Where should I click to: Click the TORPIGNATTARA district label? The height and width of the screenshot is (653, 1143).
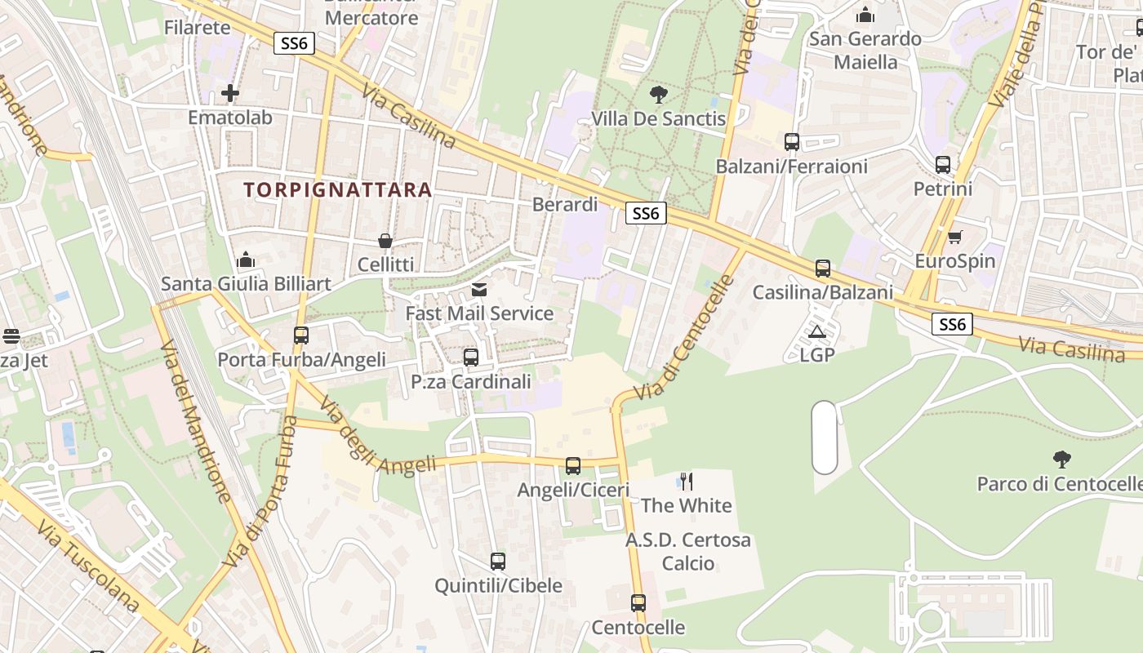[337, 190]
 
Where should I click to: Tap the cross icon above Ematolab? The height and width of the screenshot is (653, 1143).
[230, 93]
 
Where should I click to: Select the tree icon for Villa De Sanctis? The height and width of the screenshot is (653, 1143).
[658, 94]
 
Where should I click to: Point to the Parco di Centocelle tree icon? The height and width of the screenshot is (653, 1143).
[1061, 459]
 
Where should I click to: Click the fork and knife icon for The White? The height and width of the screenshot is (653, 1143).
[686, 481]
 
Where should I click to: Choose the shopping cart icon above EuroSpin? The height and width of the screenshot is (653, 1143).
[954, 237]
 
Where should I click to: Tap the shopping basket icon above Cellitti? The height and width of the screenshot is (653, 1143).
[385, 241]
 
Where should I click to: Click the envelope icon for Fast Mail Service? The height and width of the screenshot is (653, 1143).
[479, 290]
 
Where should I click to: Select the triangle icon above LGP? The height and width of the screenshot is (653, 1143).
[816, 331]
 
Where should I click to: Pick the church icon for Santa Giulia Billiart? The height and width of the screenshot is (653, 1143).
[246, 260]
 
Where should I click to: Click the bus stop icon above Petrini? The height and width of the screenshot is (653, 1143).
[943, 165]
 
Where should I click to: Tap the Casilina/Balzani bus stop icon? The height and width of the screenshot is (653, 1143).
[822, 269]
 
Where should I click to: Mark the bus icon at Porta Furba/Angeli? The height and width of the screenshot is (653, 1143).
[301, 335]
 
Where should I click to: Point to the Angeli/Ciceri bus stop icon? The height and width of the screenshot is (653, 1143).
[573, 466]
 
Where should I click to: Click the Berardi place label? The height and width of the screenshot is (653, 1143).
[565, 204]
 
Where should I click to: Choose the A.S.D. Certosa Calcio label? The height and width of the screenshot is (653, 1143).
[687, 552]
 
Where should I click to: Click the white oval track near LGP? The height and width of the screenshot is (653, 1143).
[825, 437]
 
